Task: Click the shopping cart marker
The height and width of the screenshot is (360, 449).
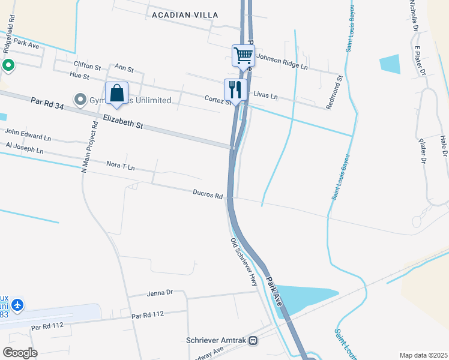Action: pos(244,56)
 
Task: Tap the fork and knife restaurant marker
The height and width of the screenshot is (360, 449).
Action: pos(235,90)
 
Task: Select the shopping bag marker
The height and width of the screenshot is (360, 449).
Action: pos(116,94)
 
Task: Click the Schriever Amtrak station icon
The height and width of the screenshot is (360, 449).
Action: pos(253,340)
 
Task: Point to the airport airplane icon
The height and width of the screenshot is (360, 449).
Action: pos(17,305)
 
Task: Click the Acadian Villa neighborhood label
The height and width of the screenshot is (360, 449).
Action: pos(185,14)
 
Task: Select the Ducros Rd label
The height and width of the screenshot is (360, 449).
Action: pos(208,194)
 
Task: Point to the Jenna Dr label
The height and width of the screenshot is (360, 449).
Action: pos(159,293)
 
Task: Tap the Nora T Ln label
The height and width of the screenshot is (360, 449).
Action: pos(120,166)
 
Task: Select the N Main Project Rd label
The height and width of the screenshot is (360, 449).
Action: pos(89,146)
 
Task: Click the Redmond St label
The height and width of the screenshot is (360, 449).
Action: pos(334,92)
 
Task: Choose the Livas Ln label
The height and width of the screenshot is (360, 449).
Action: pos(266,95)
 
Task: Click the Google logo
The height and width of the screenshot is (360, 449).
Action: pos(20,352)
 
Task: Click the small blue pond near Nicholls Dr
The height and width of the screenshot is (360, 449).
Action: pos(390,64)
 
